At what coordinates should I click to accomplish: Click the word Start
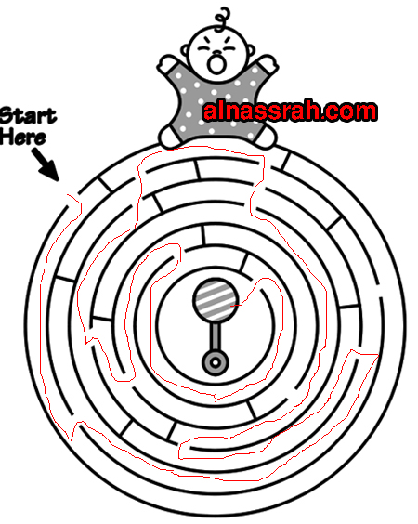click(x=29, y=116)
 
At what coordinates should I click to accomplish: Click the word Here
click(x=22, y=137)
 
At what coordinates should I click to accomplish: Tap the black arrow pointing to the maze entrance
click(x=46, y=164)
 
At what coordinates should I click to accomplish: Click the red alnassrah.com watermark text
click(x=290, y=111)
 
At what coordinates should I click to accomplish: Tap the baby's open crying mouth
click(x=216, y=64)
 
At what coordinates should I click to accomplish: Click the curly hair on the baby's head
click(x=223, y=19)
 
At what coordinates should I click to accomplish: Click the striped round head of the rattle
click(x=216, y=300)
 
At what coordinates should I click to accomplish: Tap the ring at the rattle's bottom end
click(x=216, y=362)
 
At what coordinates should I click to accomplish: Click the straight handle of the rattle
click(x=216, y=335)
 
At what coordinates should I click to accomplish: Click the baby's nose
click(x=216, y=53)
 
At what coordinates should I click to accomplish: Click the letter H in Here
click(x=7, y=136)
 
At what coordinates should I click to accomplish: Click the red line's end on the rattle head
click(x=231, y=305)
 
